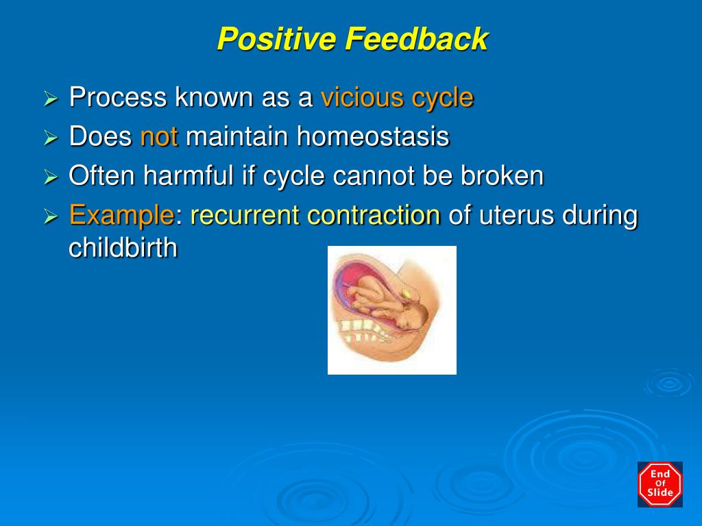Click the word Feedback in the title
point(416,39)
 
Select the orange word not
point(159,137)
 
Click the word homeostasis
point(372,137)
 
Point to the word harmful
point(187,176)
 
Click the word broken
point(502,176)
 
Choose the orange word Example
point(121,216)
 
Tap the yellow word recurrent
point(245,216)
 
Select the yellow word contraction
point(373,216)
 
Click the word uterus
point(517,216)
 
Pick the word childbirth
point(123,248)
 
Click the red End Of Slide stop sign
point(660,484)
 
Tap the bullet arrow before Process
point(51,99)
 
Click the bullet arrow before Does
point(51,138)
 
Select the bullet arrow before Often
point(51,177)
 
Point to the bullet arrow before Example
point(51,217)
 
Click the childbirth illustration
point(391,310)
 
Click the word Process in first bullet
point(118,98)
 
